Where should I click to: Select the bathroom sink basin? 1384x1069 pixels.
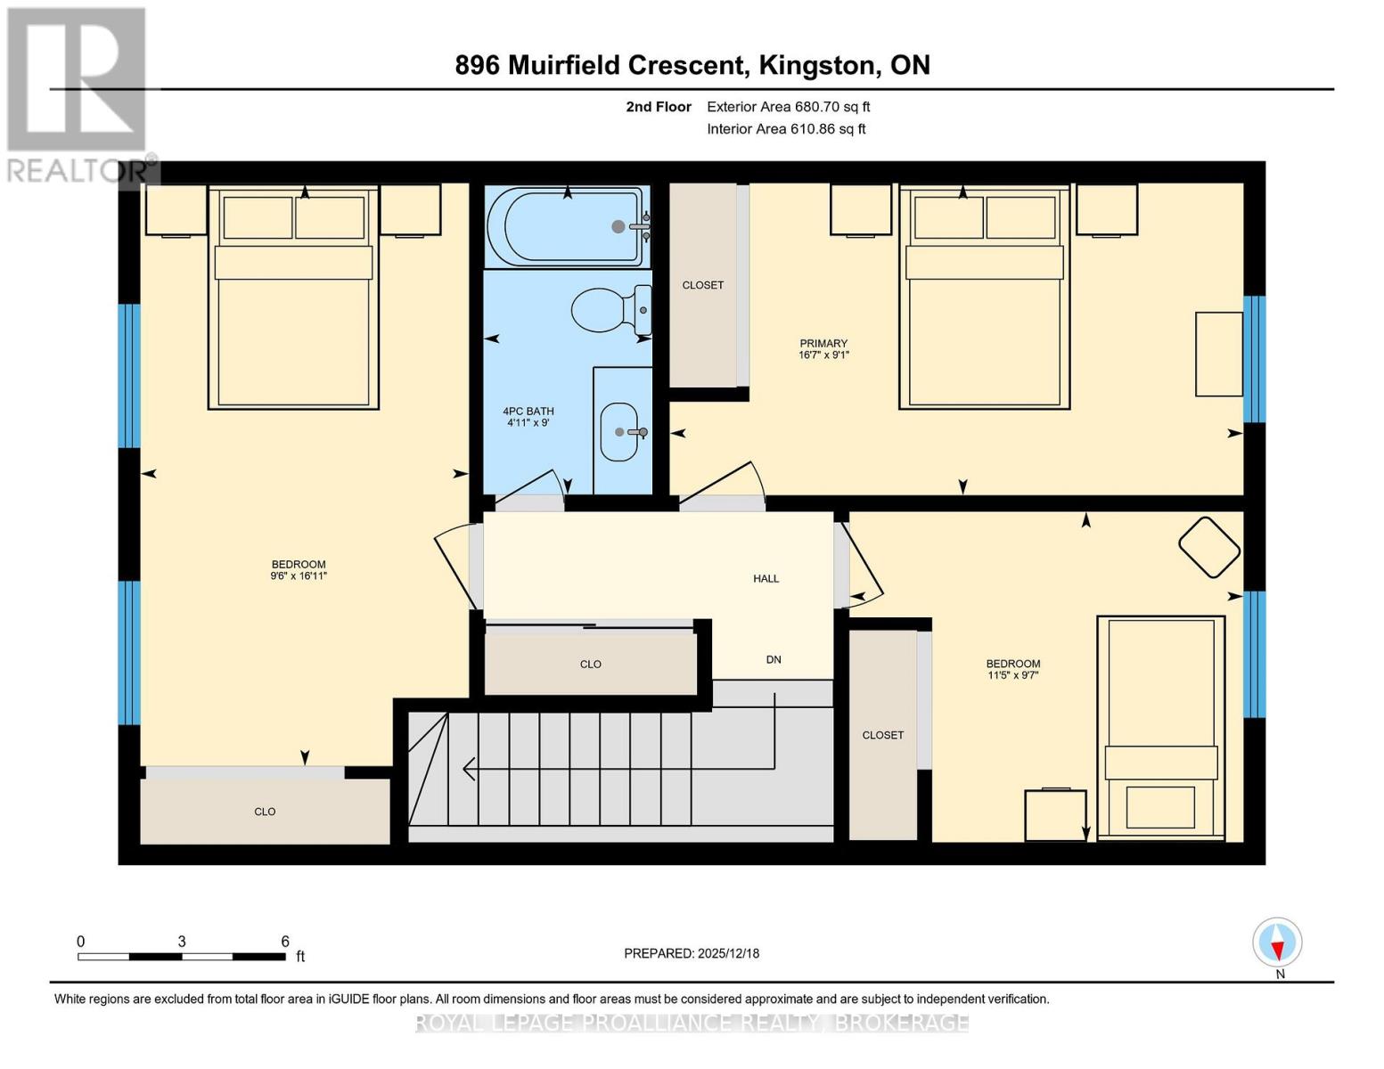coord(619,431)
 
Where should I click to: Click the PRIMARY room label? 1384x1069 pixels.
coord(823,343)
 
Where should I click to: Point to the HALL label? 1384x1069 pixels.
coord(766,578)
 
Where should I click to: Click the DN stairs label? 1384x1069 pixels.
coord(774,659)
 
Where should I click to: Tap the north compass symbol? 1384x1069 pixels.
coord(1277,943)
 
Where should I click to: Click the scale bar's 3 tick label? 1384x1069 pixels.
coord(182,941)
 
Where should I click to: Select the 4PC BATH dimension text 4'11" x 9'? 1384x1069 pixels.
coord(528,422)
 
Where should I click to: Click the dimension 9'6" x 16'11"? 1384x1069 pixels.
coord(298,575)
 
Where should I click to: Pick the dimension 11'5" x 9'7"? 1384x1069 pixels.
coord(1012,675)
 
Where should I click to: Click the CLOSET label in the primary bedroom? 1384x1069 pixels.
coord(702,285)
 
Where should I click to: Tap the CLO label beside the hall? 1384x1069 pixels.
coord(591,664)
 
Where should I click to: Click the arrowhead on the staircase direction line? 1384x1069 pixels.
coord(469,769)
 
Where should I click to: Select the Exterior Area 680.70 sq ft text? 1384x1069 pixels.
coord(789,107)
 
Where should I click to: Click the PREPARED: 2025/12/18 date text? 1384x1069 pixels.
coord(691,953)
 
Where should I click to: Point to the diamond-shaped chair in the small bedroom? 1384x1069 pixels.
coord(1208,547)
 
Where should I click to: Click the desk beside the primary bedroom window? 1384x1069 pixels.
coord(1218,354)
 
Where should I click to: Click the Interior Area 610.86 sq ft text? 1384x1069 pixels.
coord(786,129)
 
